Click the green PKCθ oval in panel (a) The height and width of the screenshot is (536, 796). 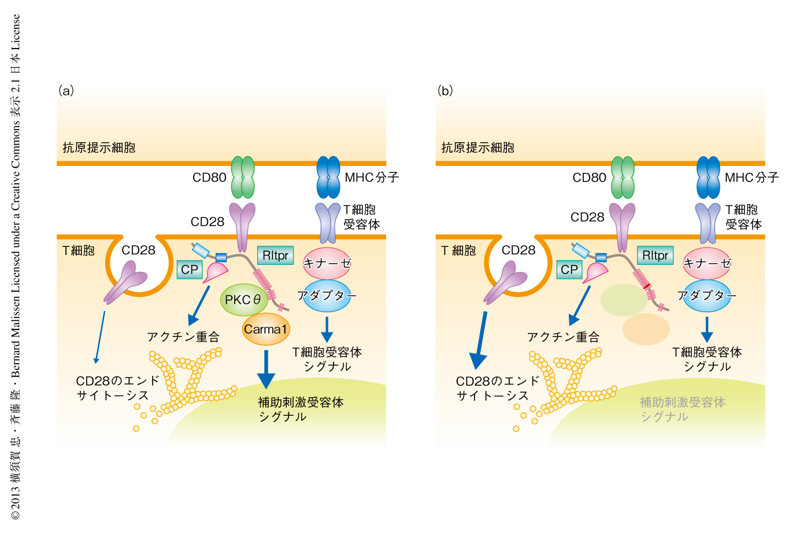pos(243,300)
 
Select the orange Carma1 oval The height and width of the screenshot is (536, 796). pos(265,329)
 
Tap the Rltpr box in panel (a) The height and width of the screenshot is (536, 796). pos(275,256)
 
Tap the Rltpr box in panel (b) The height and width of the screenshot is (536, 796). pos(655,256)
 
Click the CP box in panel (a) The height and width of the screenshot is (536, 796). pos(189,269)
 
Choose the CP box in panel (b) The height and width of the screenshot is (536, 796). pos(569,269)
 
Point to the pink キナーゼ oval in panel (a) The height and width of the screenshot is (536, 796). pos(327,264)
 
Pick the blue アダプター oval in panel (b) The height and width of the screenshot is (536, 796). pos(706,295)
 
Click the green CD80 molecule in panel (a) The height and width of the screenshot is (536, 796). pos(243,177)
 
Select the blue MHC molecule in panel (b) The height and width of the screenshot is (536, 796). pos(708,177)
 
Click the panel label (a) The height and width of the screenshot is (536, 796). pos(66,91)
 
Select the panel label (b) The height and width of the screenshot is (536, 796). pos(445,91)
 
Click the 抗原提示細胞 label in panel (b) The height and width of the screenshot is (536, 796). pos(477,147)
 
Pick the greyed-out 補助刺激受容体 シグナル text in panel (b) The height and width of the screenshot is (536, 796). pos(682,409)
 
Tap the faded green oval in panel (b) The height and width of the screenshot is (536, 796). pos(624,300)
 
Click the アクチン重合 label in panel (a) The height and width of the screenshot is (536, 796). pos(183,337)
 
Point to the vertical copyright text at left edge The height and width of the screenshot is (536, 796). pos(16,266)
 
